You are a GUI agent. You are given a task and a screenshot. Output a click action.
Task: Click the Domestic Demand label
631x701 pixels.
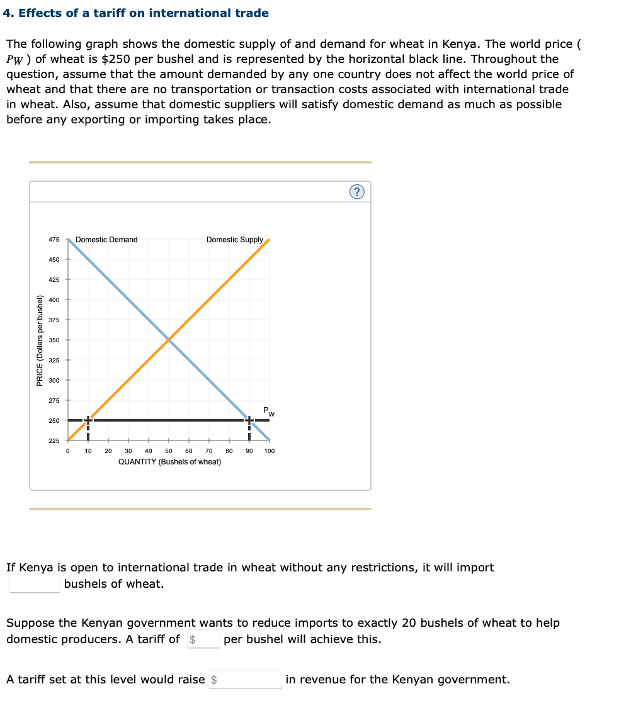pyautogui.click(x=106, y=240)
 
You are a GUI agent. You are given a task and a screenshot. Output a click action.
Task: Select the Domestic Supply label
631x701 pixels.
pyautogui.click(x=234, y=240)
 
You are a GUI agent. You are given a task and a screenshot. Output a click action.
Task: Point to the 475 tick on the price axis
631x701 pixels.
pyautogui.click(x=54, y=240)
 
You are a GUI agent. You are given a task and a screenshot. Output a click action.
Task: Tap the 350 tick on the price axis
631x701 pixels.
pyautogui.click(x=54, y=340)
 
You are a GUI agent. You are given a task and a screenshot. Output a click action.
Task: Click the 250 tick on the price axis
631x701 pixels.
pyautogui.click(x=54, y=420)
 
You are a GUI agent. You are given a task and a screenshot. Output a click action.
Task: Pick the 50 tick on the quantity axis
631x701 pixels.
pyautogui.click(x=169, y=451)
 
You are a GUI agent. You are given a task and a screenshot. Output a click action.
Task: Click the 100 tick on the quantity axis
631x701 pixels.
pyautogui.click(x=270, y=451)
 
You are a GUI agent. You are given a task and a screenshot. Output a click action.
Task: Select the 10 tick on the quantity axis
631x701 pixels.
pyautogui.click(x=88, y=451)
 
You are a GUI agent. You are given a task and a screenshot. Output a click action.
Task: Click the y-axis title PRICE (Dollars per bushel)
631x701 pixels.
pyautogui.click(x=40, y=340)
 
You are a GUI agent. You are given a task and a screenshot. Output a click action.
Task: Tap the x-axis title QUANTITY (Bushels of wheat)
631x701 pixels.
pyautogui.click(x=169, y=462)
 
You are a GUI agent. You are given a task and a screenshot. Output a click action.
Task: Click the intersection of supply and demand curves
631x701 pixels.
pyautogui.click(x=169, y=340)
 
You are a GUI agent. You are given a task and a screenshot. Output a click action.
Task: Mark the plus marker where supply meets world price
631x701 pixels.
pyautogui.click(x=88, y=420)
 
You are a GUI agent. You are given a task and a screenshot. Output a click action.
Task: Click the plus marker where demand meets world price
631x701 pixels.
pyautogui.click(x=249, y=420)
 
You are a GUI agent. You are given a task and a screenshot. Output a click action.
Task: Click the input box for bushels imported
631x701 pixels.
pyautogui.click(x=35, y=583)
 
